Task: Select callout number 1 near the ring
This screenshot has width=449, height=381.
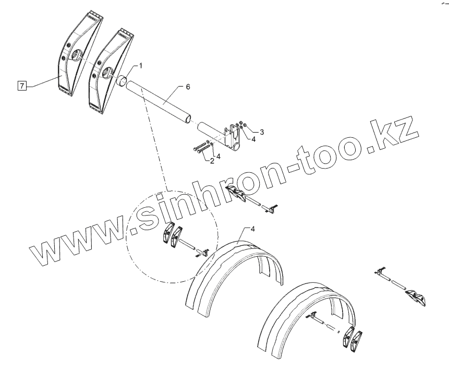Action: point(140,66)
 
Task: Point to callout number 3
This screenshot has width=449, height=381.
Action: point(262,132)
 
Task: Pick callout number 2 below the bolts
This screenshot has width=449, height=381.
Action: point(212,161)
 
